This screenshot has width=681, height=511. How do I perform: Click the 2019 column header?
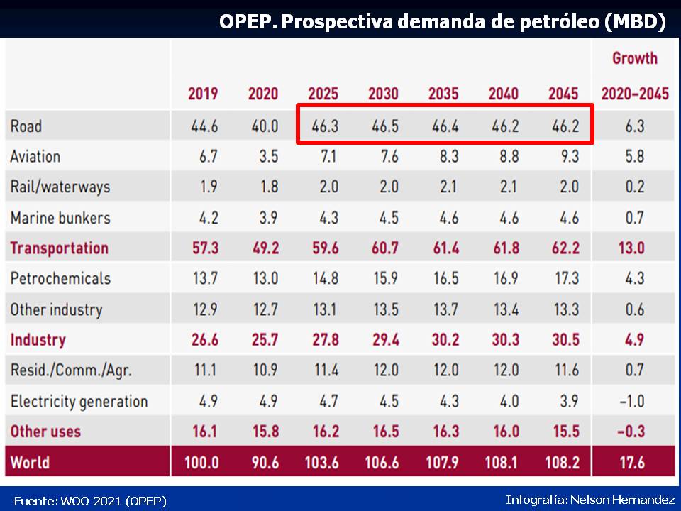click(203, 94)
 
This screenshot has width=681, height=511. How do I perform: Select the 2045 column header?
click(563, 94)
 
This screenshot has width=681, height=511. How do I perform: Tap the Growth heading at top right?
click(635, 58)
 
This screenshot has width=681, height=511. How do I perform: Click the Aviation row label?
click(35, 156)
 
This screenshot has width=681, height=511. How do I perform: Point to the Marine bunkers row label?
click(60, 217)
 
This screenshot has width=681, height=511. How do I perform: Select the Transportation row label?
click(60, 248)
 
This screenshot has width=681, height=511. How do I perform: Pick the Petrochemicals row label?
click(60, 278)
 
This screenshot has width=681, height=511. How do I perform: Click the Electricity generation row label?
click(79, 401)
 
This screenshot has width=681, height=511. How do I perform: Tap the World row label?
click(30, 462)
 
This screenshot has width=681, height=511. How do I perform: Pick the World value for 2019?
click(201, 462)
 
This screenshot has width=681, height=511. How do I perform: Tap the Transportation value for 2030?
click(383, 248)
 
